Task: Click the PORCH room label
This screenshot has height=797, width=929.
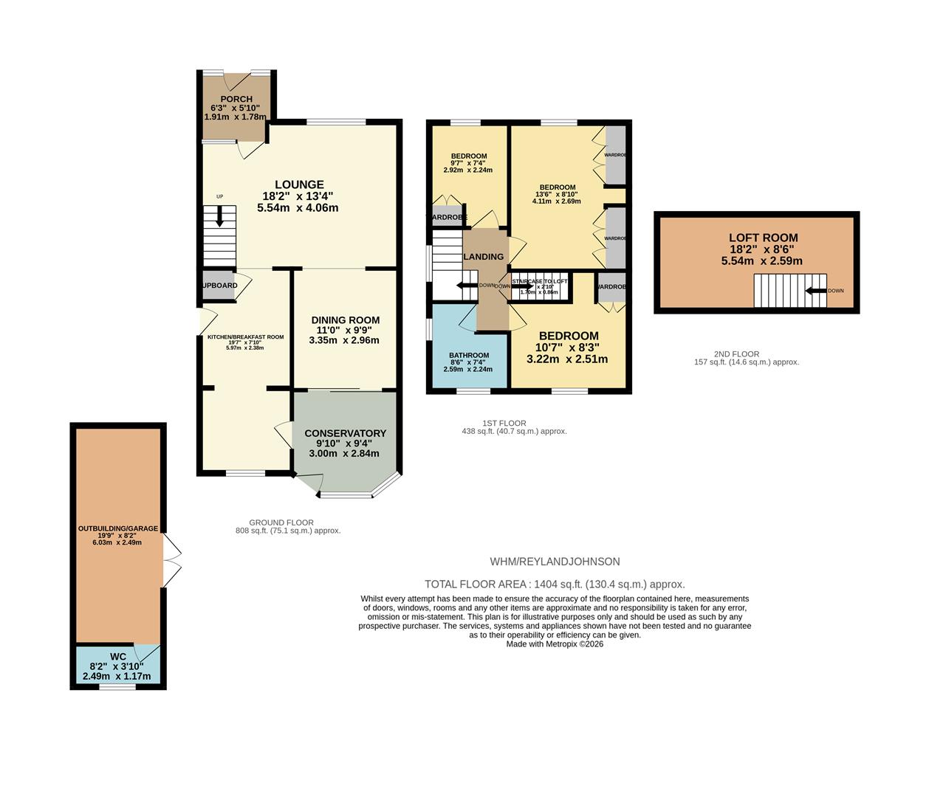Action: click(236, 99)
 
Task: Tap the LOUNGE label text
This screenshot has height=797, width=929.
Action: click(299, 184)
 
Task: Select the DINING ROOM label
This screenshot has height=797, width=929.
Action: click(344, 320)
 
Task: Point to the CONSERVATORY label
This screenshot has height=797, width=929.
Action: click(345, 433)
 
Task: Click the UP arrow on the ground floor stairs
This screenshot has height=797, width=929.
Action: click(219, 217)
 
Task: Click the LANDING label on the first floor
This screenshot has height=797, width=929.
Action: click(483, 257)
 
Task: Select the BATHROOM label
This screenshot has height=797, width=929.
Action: click(469, 355)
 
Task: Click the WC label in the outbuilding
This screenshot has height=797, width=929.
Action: click(118, 657)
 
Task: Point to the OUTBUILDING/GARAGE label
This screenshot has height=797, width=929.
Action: click(118, 528)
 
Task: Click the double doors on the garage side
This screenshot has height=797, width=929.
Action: click(171, 560)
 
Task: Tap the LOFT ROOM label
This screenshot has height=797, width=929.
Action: click(763, 238)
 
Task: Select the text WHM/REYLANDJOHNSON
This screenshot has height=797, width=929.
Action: click(555, 562)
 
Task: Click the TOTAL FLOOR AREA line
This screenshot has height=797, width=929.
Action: click(555, 584)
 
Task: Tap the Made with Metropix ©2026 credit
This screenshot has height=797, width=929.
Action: click(555, 644)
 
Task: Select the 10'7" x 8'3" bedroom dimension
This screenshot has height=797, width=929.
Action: click(567, 348)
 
